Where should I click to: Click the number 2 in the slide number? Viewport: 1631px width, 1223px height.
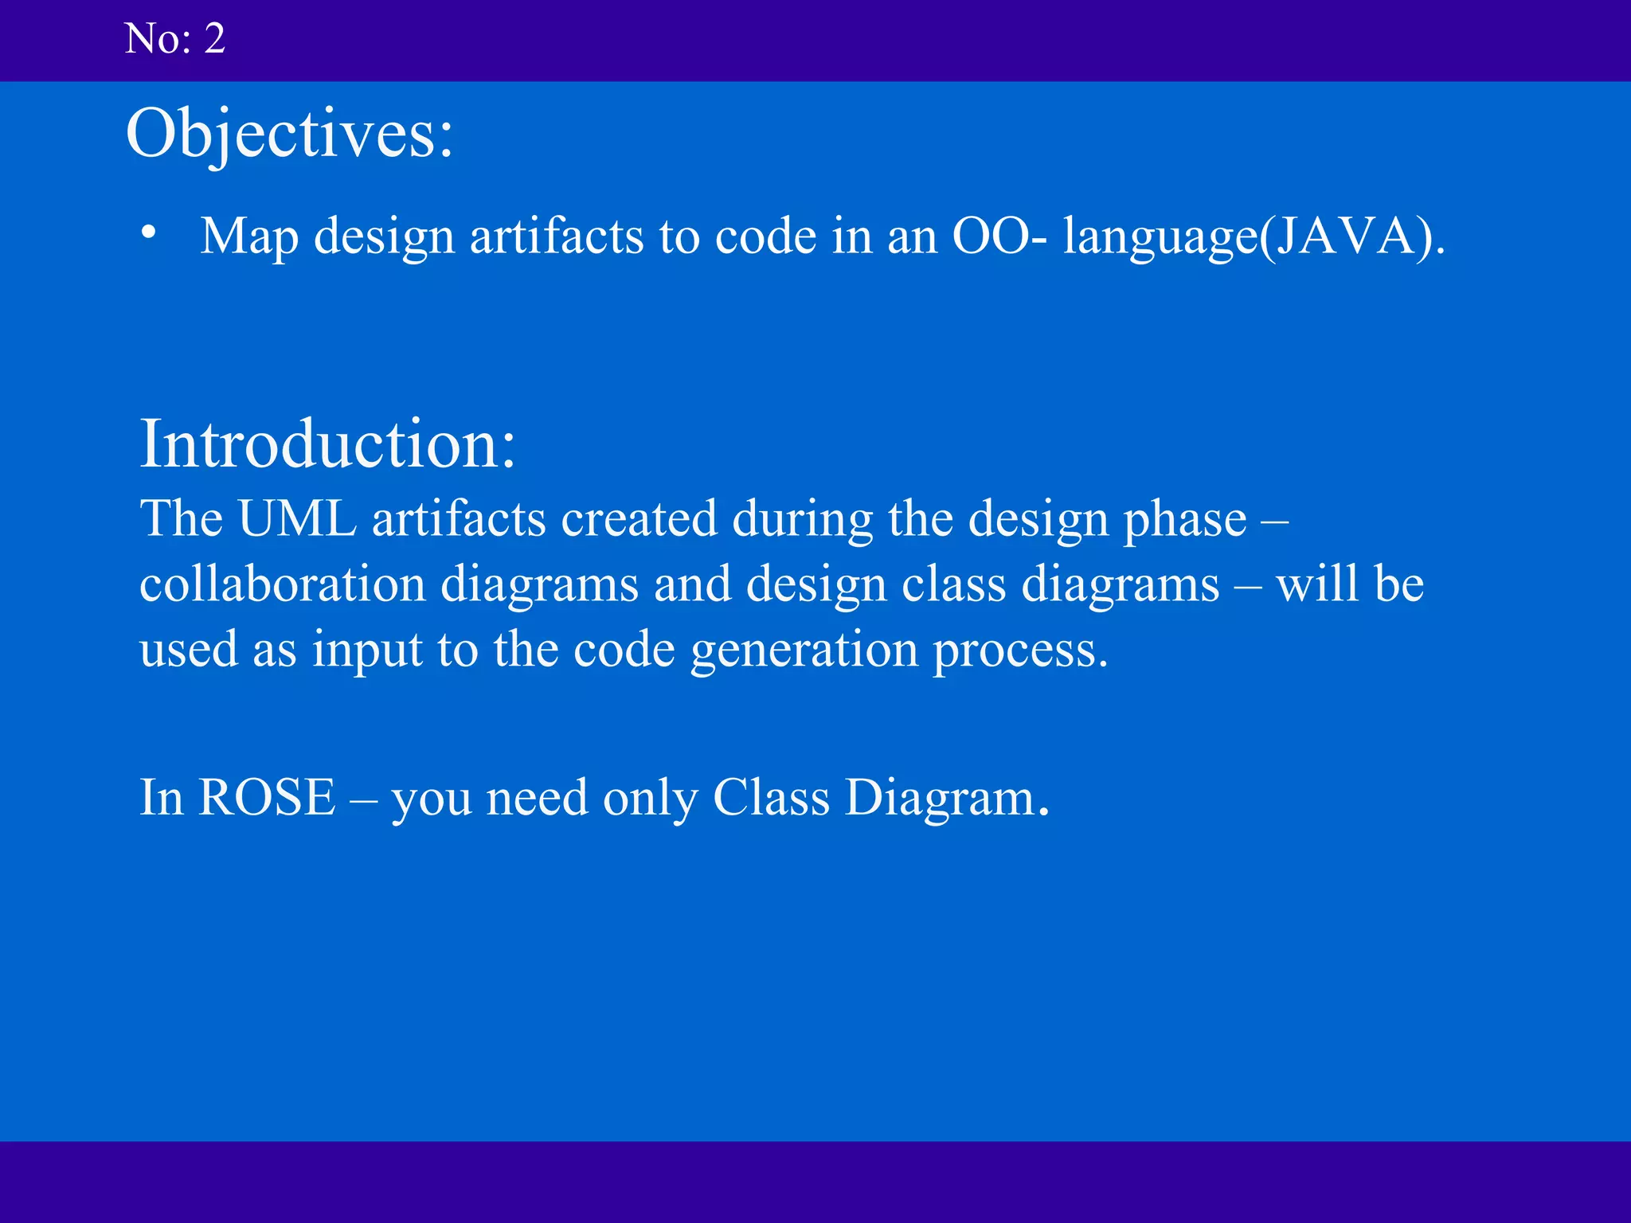tap(214, 39)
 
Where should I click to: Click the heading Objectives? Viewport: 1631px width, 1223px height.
tap(289, 133)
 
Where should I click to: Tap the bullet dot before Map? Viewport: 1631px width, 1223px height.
tap(149, 233)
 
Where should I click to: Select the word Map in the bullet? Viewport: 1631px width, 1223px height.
tap(248, 237)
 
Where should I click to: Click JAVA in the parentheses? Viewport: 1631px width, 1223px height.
tap(1351, 236)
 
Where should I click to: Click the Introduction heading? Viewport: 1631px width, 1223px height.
tap(327, 443)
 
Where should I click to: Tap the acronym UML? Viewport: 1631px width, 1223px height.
tap(297, 519)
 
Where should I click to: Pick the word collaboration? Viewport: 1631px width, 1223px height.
tap(283, 584)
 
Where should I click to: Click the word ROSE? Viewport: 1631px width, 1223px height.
tap(267, 797)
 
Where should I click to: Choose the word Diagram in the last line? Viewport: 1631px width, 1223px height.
tap(946, 799)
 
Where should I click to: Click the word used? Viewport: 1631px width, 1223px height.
tap(189, 650)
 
